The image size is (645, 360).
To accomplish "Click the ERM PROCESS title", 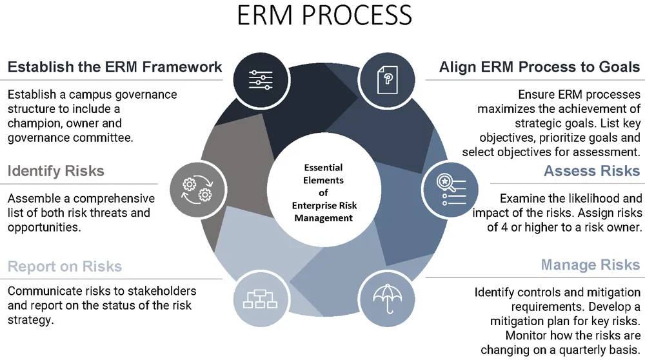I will (x=324, y=16).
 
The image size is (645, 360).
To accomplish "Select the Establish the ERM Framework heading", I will (x=115, y=66).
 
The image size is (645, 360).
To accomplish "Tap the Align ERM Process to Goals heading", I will (x=539, y=66).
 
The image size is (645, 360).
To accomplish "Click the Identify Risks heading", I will (x=55, y=171).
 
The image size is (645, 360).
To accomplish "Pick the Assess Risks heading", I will (x=591, y=171).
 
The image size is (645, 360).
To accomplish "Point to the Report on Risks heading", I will (x=64, y=266).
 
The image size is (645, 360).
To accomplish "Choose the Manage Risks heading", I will (x=590, y=265).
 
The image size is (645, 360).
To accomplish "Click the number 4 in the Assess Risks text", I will (x=509, y=227).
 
